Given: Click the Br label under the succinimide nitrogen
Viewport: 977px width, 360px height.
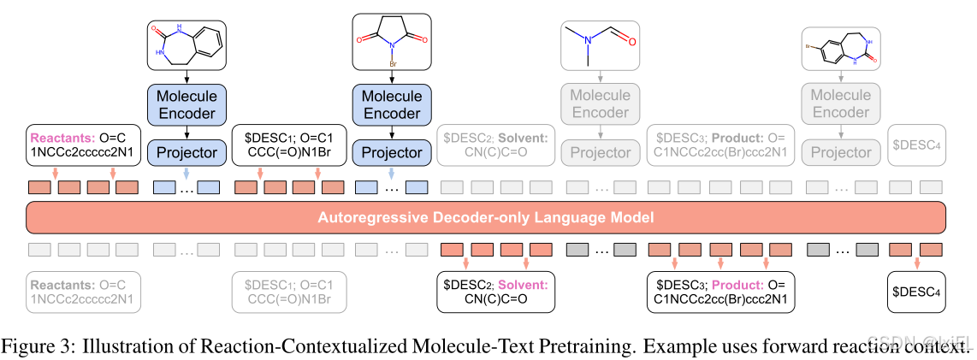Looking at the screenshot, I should (x=391, y=62).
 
